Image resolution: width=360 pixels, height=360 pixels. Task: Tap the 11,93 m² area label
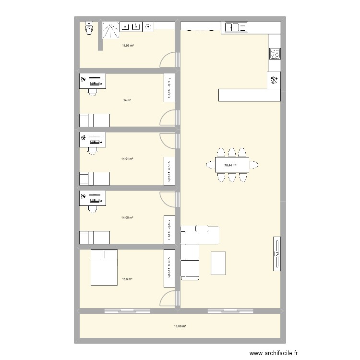click(127, 46)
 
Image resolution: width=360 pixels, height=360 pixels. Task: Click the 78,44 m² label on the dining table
click(230, 165)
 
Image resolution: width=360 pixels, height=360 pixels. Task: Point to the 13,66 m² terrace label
click(180, 326)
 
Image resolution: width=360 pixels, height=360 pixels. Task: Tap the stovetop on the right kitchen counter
click(275, 54)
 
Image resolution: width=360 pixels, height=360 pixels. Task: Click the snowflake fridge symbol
click(275, 80)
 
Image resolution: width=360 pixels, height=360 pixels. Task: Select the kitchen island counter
click(249, 95)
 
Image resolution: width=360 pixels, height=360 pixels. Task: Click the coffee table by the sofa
click(218, 263)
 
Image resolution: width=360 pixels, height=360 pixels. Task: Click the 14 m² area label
click(127, 100)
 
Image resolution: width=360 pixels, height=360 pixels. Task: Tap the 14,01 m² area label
click(127, 159)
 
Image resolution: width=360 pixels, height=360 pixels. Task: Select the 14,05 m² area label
click(127, 217)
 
